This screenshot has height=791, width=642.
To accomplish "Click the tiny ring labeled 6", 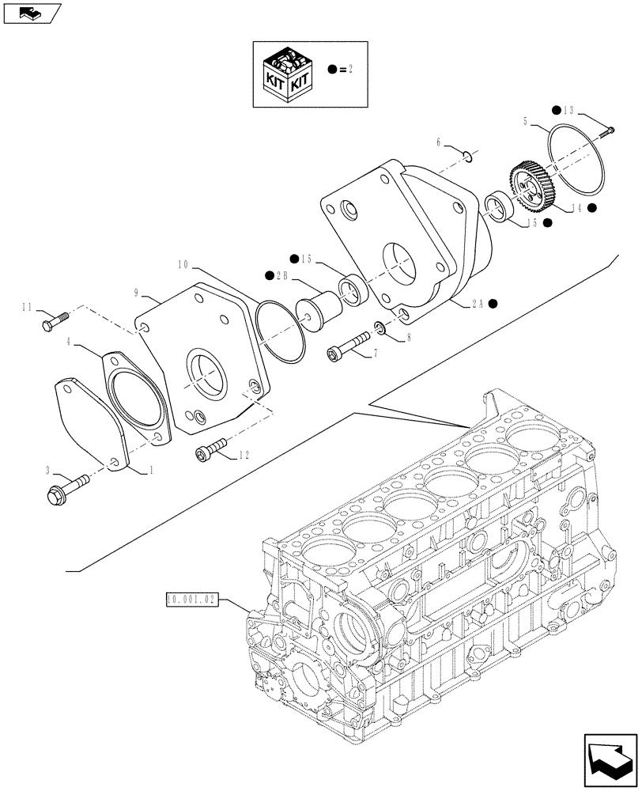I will pos(467,156).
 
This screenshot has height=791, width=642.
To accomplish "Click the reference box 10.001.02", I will pos(193,600).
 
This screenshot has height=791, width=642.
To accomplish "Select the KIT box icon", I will pos(289,74).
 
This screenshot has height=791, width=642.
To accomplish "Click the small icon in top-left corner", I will pos(29,13).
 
